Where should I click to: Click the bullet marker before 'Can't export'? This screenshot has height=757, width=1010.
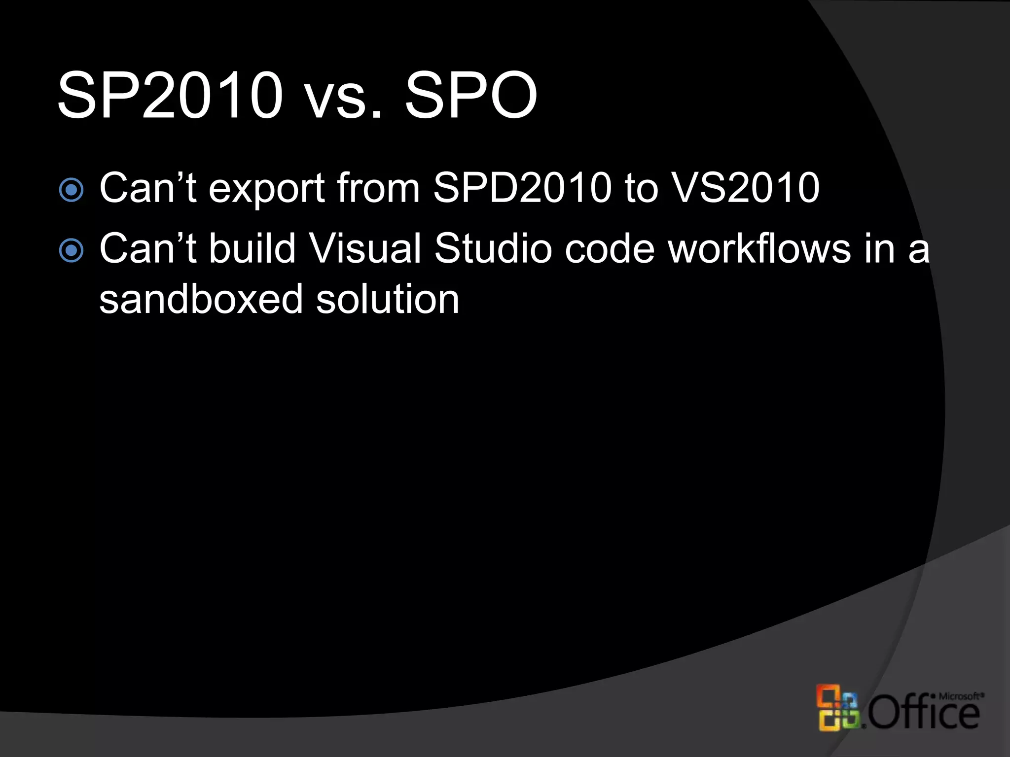point(72,190)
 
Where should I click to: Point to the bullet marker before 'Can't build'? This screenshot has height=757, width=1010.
point(72,250)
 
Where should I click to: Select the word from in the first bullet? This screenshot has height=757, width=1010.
point(378,188)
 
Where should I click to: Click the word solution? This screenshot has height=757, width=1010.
point(388,299)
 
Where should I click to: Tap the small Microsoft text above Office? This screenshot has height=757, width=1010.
point(959,696)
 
